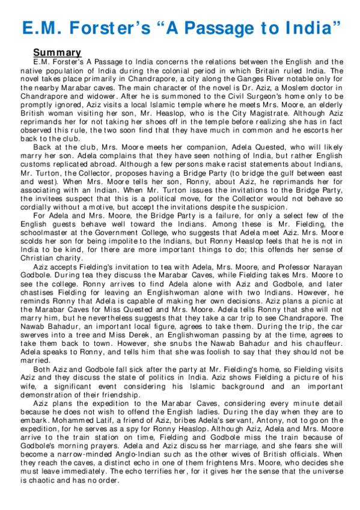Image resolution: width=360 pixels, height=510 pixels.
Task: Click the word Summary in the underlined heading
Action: (57, 52)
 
